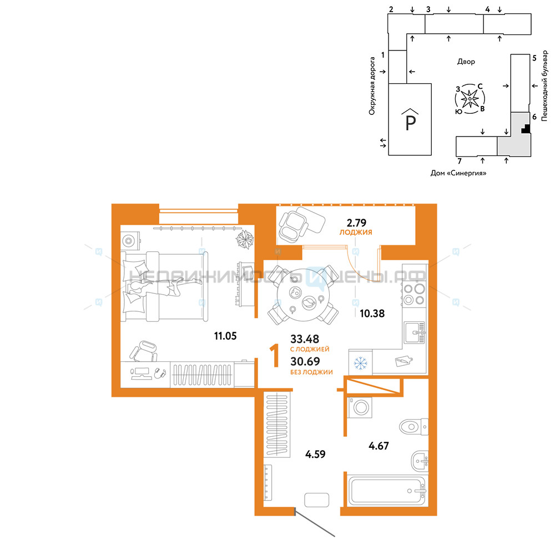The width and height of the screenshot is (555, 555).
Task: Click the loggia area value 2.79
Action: pyautogui.click(x=356, y=223)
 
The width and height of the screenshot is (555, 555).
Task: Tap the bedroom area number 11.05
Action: pyautogui.click(x=225, y=336)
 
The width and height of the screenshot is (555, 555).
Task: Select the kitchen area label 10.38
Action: pyautogui.click(x=372, y=313)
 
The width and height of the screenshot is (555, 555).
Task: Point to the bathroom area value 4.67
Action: pyautogui.click(x=379, y=446)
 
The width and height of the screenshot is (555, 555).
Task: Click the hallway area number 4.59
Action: pyautogui.click(x=315, y=454)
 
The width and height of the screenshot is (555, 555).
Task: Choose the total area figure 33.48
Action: pyautogui.click(x=305, y=339)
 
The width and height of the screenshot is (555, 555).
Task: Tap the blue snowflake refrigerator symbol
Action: pyautogui.click(x=361, y=363)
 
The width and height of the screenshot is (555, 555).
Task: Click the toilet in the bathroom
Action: pyautogui.click(x=414, y=426)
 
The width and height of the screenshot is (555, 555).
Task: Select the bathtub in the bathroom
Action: pyautogui.click(x=386, y=491)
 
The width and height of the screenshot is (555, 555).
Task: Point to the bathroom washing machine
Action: pyautogui.click(x=360, y=407)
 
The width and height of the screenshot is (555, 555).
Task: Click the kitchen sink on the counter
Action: pyautogui.click(x=415, y=332)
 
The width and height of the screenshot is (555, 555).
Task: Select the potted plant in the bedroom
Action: pyautogui.click(x=245, y=240)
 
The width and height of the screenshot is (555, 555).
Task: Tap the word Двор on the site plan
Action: pyautogui.click(x=466, y=62)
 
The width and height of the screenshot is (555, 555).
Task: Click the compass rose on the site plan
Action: pyautogui.click(x=470, y=99)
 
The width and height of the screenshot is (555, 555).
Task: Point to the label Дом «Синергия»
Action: pyautogui.click(x=458, y=173)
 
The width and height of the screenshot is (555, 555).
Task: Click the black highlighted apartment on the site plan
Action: pyautogui.click(x=526, y=129)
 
